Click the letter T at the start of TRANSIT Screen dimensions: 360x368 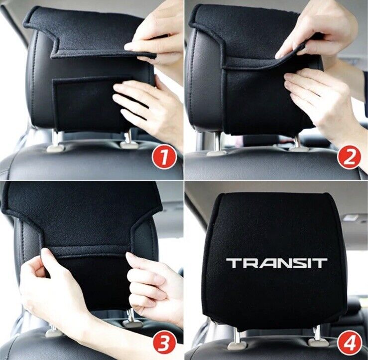tap(235, 263)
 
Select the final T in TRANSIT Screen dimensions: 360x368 tap(319, 263)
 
